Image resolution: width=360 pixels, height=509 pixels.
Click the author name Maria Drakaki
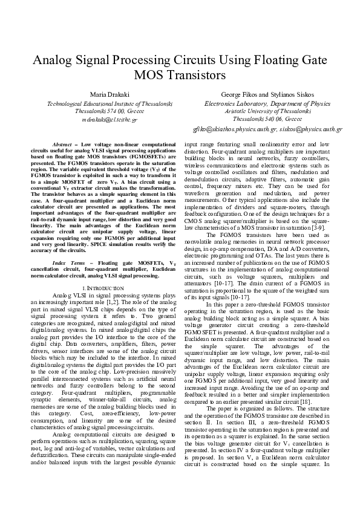(x=106, y=96)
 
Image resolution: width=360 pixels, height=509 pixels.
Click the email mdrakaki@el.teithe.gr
(x=106, y=120)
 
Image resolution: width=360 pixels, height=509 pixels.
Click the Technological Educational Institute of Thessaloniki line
(x=106, y=104)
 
